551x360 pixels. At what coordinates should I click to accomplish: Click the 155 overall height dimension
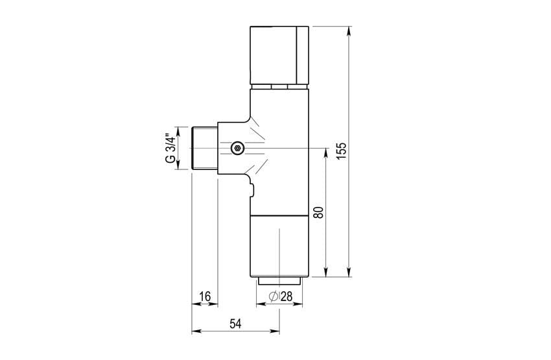(x=341, y=151)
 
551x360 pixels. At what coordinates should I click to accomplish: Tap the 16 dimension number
(x=205, y=296)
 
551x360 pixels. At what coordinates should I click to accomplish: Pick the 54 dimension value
(x=235, y=324)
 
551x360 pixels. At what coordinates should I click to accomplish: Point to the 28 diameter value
(x=287, y=296)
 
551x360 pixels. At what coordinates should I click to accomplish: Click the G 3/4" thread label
(x=170, y=148)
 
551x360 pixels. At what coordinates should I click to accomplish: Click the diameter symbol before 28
(x=274, y=296)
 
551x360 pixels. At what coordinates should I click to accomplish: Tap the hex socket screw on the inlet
(x=237, y=148)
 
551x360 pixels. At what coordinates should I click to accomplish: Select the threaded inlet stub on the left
(x=204, y=148)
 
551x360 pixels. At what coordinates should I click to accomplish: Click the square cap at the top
(x=279, y=55)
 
